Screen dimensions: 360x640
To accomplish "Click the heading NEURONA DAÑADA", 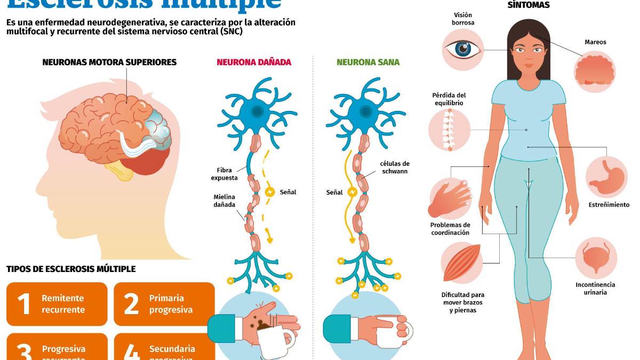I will (x=254, y=62).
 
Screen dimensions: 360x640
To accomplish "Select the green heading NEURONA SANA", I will (x=368, y=62).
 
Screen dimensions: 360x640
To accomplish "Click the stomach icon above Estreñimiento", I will (x=607, y=177).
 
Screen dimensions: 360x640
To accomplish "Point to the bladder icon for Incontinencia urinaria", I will (x=595, y=257).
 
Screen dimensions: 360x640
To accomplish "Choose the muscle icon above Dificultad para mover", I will (x=462, y=262).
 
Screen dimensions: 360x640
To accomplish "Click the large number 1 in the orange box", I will (x=24, y=304).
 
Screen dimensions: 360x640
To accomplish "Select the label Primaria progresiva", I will (x=171, y=304).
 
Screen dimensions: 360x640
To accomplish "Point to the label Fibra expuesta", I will (x=224, y=174).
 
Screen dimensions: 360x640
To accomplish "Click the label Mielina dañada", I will (x=224, y=201).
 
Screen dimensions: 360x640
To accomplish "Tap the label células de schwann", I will (x=395, y=167).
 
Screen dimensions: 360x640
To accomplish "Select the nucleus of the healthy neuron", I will (x=366, y=111).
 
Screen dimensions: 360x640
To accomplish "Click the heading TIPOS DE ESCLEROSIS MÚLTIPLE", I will (x=71, y=269).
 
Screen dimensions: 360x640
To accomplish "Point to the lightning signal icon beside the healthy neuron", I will (x=352, y=191).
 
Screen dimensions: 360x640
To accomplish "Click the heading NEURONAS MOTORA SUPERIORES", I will (x=109, y=62).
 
